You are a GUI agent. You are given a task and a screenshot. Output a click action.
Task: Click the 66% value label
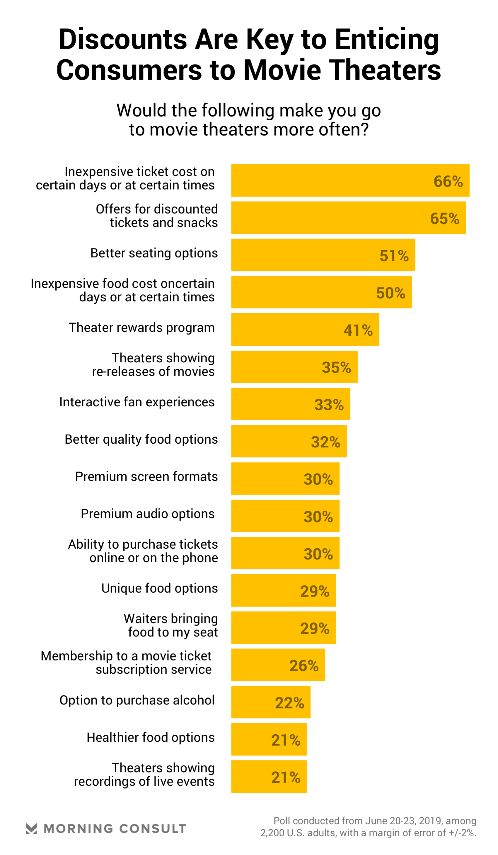(448, 181)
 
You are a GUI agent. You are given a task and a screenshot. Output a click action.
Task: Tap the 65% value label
(444, 219)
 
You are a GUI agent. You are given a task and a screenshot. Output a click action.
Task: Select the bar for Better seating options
(323, 255)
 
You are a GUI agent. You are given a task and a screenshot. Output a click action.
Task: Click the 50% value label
(390, 293)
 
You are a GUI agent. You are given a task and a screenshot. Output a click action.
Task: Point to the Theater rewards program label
(141, 327)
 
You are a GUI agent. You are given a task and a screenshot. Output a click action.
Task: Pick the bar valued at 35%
(294, 366)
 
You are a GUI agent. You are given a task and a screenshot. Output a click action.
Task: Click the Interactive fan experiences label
(137, 402)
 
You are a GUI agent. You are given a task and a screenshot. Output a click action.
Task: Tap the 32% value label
(325, 442)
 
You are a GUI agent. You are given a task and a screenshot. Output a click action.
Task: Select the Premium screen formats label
(146, 476)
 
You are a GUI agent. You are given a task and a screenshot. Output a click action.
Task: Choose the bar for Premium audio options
(285, 516)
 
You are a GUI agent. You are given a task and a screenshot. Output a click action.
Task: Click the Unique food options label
(159, 588)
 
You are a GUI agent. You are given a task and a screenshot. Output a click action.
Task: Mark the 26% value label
(303, 665)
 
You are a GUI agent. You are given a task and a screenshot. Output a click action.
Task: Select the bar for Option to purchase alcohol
(270, 702)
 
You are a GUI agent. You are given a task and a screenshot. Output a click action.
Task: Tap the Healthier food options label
(150, 737)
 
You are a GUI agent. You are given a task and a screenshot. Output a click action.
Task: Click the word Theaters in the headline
(385, 70)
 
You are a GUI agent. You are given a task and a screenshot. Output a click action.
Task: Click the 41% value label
(358, 330)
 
